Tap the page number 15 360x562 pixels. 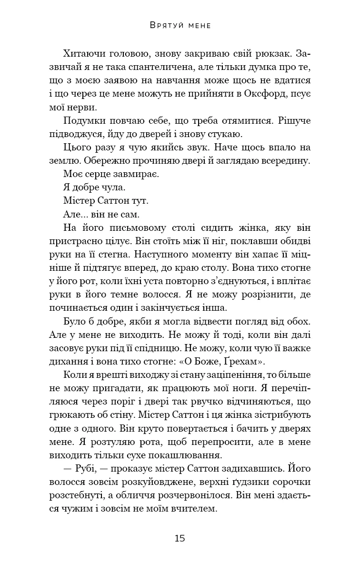click(180, 538)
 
